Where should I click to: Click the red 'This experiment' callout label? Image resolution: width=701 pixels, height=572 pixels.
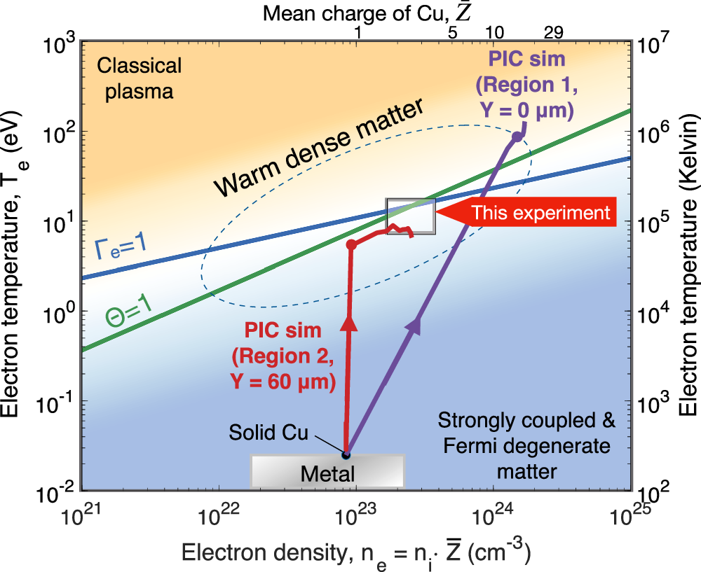pos(540,213)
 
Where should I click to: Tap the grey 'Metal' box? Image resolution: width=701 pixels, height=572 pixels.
pos(327,471)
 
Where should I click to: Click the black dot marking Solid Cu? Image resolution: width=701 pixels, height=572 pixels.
pos(346,455)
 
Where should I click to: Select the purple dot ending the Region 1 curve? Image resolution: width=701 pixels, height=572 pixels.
pos(517,137)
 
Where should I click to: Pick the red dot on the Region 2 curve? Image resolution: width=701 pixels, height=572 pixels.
pos(352,245)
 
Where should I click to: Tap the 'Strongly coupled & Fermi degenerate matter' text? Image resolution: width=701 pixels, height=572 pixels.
pos(526,446)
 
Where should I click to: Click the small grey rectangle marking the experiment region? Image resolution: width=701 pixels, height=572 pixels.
pos(411,216)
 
